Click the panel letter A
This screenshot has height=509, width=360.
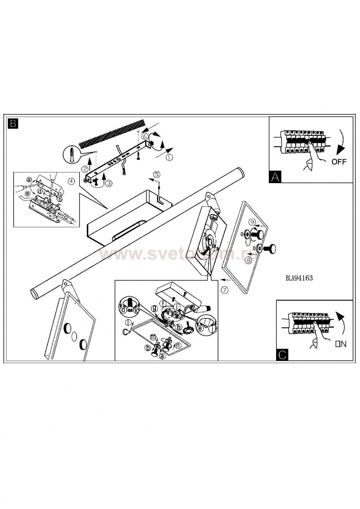pyautogui.click(x=275, y=177)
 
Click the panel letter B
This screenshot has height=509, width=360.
pyautogui.click(x=13, y=123)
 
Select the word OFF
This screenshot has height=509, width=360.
pyautogui.click(x=339, y=162)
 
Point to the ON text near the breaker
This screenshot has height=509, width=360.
pyautogui.click(x=341, y=344)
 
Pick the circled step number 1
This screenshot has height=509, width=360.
pyautogui.click(x=169, y=157)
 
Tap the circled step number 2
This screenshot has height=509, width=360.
pyautogui.click(x=85, y=168)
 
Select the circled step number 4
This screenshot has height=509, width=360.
pyautogui.click(x=71, y=181)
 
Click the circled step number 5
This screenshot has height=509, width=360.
pyautogui.click(x=157, y=174)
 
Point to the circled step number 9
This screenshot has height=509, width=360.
pyautogui.click(x=252, y=222)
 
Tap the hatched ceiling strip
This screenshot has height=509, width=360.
pyautogui.click(x=112, y=133)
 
